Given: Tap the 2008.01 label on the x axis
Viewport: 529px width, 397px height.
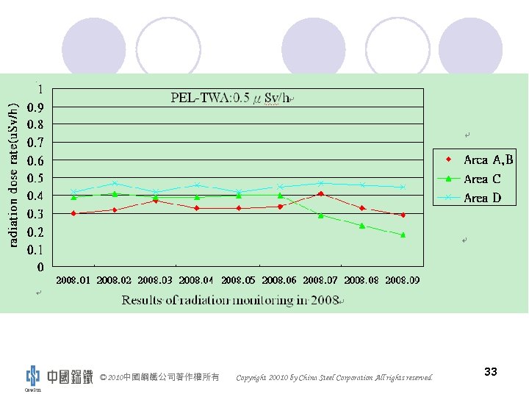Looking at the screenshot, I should [73, 280].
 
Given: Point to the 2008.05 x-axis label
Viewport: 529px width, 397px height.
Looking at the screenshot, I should [238, 280].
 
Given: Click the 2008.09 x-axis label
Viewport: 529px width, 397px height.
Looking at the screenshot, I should [403, 280].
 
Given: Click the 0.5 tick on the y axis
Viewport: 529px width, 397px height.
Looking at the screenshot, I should [35, 178].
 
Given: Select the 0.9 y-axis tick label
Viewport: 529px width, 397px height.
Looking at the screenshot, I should [35, 107].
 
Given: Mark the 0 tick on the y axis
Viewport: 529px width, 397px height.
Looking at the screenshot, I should [40, 267].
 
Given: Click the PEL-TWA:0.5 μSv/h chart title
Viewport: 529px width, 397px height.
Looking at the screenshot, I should [231, 98].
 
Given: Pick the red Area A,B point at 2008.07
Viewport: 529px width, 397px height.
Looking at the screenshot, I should [321, 194].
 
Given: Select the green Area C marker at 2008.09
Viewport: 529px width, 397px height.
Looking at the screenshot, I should [403, 235].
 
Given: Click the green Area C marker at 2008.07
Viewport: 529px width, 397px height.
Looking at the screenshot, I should [321, 215].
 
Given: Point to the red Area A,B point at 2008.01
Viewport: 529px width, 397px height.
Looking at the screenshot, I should [73, 213].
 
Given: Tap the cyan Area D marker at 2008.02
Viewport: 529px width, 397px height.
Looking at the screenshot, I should [115, 184].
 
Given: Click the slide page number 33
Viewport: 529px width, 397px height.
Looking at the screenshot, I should [491, 372].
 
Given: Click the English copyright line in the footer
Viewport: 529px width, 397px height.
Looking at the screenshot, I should [334, 378].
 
